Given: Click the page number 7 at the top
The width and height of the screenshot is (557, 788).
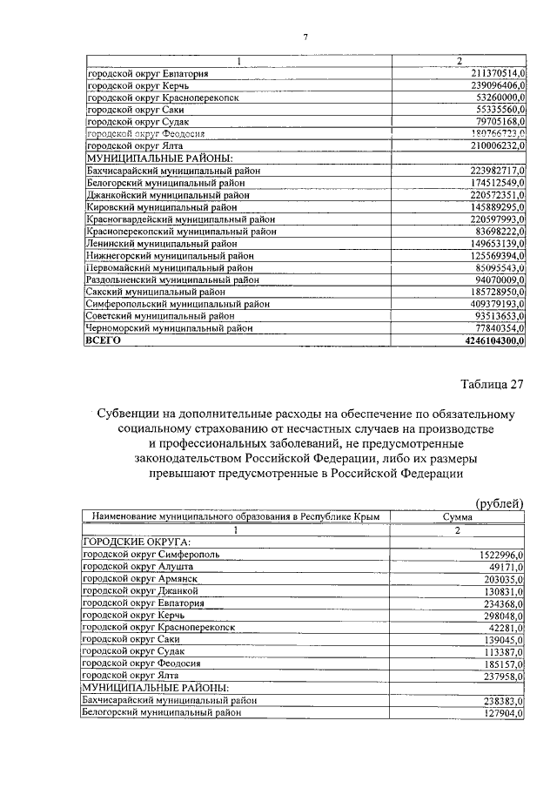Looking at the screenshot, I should tap(305, 36).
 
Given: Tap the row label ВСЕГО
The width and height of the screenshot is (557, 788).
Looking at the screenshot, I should tap(102, 342).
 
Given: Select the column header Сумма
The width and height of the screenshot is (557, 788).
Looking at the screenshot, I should tap(457, 517).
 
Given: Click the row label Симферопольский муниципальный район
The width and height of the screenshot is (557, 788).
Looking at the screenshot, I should tap(178, 305).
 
